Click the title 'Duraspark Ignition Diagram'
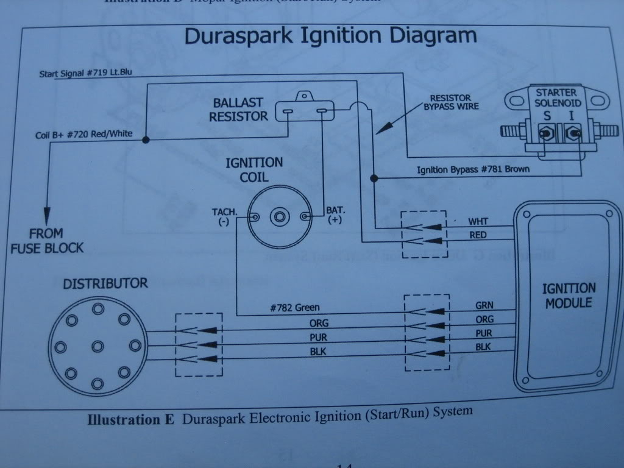pos(330,36)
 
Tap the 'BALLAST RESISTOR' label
pos(238,109)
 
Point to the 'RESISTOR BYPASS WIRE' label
pos(451,102)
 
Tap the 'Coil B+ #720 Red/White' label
pos(83,134)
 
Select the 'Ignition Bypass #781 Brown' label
pos(473,169)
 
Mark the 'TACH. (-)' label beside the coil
pos(225,216)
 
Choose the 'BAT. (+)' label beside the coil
pos(335,215)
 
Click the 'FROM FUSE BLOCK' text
pos(46,241)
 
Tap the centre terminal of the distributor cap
pos(97,346)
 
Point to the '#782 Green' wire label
pos(294,308)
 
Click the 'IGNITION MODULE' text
pos(569,295)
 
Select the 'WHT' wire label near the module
pos(478,221)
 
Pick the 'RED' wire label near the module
pos(478,235)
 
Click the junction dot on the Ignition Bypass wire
pos(374,178)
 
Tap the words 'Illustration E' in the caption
pos(130,419)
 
